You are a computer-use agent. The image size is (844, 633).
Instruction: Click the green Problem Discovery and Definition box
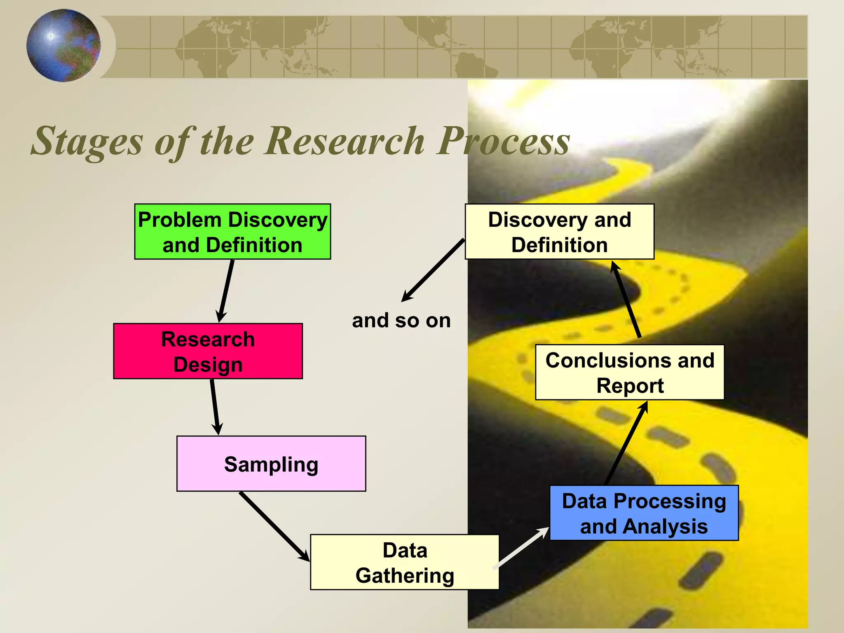232,232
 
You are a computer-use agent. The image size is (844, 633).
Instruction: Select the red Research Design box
208,351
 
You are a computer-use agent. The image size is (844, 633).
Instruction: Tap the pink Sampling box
271,464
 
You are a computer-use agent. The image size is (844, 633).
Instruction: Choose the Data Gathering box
404,562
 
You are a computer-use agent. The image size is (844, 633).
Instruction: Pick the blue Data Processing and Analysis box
644,513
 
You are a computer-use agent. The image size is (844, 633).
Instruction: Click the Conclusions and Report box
629,373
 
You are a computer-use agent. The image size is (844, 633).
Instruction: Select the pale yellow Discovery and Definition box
559,232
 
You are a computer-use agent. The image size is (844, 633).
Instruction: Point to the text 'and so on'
401,321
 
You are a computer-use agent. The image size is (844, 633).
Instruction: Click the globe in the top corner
63,45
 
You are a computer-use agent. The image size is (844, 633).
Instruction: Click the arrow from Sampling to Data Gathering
274,526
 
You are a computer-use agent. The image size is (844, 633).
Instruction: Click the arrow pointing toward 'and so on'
433,270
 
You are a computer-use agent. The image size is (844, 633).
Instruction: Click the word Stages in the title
87,142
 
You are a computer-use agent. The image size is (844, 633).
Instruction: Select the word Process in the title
504,142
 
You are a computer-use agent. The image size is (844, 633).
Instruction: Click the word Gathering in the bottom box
405,576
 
